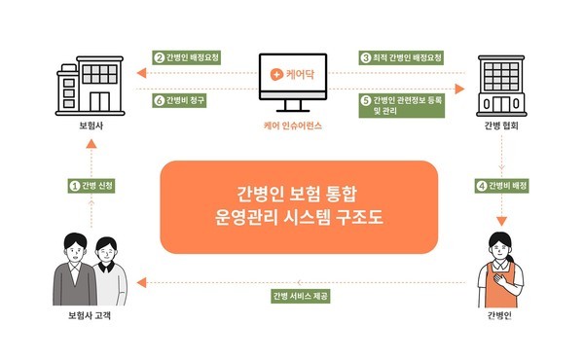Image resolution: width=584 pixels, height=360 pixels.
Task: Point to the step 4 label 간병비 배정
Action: click(504, 185)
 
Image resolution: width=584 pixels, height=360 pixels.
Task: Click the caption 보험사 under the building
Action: click(89, 126)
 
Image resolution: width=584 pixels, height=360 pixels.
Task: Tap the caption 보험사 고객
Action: click(89, 317)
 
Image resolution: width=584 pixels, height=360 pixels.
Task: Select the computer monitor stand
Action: click(292, 105)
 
